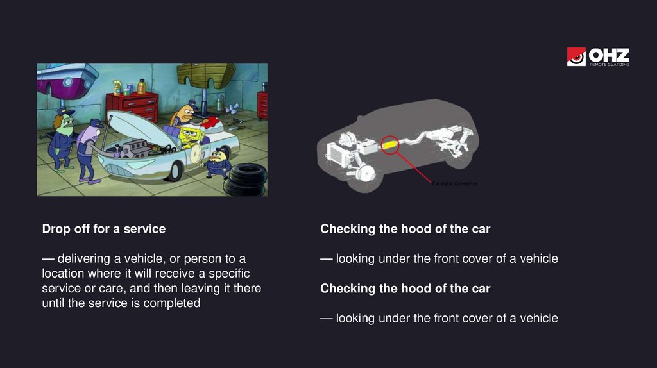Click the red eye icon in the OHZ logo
tap(576, 56)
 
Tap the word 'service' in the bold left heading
tap(144, 229)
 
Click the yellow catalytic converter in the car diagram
tap(389, 146)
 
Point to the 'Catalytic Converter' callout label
tap(455, 183)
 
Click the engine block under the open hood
tap(133, 149)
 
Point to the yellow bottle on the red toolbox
tap(142, 87)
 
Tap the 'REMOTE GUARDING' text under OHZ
tap(610, 65)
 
